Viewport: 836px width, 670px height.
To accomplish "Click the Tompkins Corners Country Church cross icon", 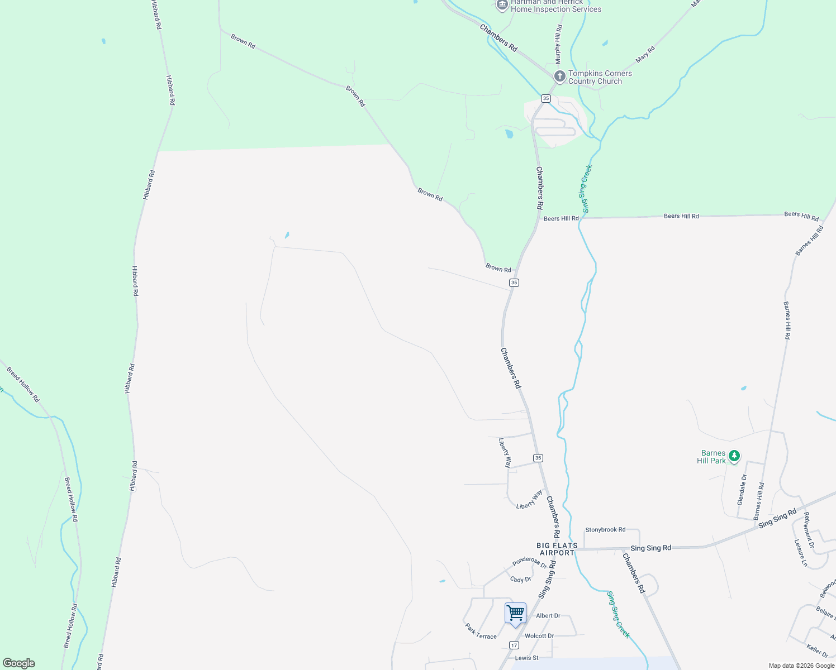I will coord(559,76).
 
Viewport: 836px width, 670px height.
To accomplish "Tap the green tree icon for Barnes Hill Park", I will coord(734,456).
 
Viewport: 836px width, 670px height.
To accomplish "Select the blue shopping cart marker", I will coord(515,612).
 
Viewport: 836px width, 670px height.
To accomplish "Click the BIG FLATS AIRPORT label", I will coord(557,549).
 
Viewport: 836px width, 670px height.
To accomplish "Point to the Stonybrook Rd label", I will coord(605,529).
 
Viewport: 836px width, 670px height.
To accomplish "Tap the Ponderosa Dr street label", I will coord(529,562).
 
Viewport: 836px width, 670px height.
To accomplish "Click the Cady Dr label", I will coord(520,580).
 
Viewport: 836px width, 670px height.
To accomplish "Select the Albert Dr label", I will coord(548,616).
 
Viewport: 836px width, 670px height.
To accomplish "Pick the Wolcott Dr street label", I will coord(539,636).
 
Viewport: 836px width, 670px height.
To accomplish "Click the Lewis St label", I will coord(526,658).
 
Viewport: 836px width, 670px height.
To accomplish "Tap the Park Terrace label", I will coord(481,631).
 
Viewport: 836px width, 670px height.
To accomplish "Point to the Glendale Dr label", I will coord(742,490).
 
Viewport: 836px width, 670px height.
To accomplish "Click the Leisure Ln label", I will coord(800,553).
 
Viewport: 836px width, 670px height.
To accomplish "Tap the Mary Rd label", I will coord(645,54).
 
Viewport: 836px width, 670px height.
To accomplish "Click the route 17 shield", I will coord(514,645).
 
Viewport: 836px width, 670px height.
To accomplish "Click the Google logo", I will coord(19,663).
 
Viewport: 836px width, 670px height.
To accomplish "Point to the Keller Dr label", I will coord(818,650).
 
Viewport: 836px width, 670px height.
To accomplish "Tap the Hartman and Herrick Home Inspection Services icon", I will coord(502,6).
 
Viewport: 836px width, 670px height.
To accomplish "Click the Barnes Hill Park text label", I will coord(711,457).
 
